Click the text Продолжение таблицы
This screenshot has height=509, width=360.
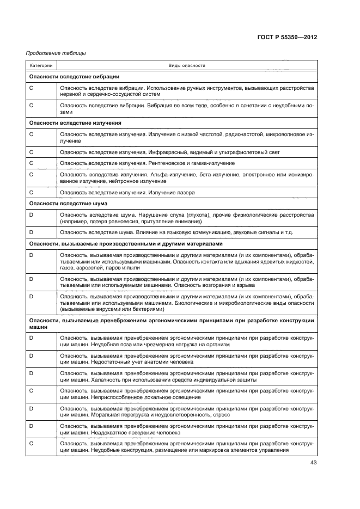[56, 53]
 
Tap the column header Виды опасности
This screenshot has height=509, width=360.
[187, 65]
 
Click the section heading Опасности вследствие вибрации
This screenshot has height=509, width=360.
[74, 77]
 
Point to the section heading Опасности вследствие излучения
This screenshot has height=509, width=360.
[75, 123]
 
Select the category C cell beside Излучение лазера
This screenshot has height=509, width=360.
[32, 192]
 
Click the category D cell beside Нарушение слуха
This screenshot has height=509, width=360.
[32, 214]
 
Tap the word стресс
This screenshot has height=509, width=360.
[221, 415]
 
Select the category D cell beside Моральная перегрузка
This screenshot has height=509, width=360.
[32, 408]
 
